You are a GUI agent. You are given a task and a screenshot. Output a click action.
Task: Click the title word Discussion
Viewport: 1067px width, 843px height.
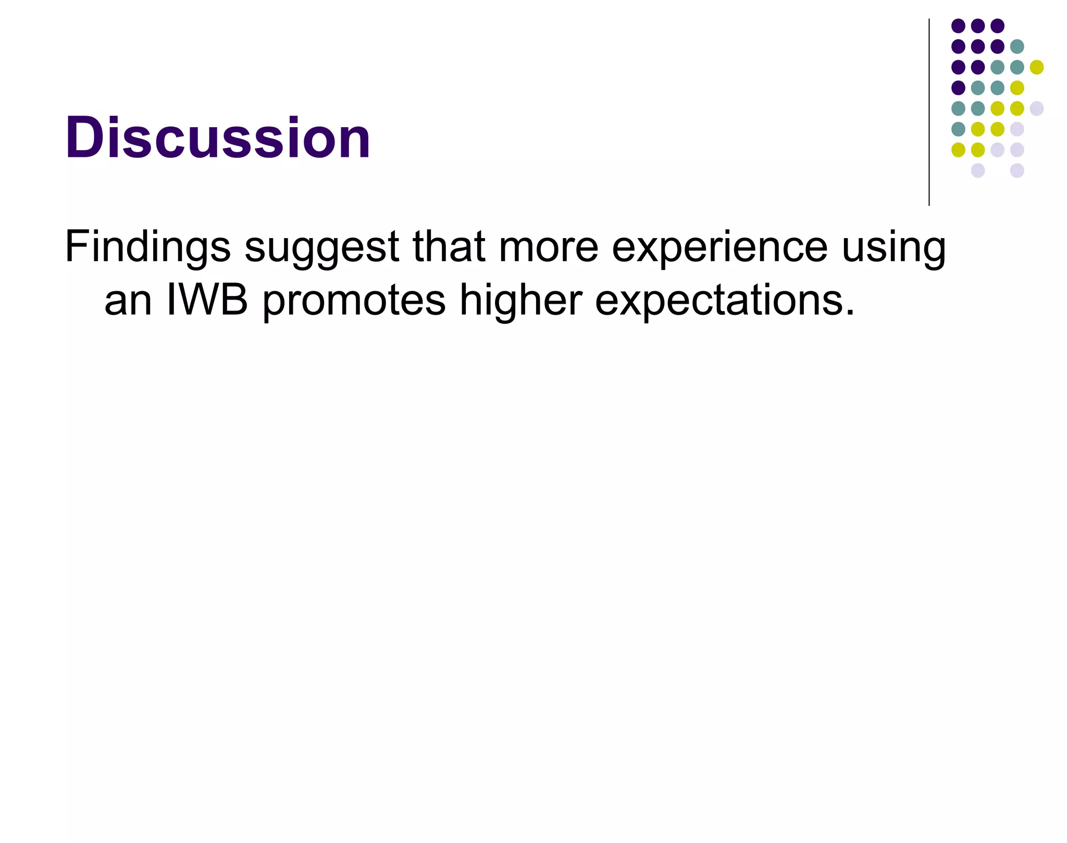coord(217,138)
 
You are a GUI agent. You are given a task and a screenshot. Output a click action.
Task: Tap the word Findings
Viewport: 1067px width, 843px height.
coord(147,247)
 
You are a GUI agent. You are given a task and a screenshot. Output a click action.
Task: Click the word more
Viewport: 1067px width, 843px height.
coord(548,248)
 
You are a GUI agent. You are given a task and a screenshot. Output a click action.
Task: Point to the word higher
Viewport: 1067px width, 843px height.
coord(520,301)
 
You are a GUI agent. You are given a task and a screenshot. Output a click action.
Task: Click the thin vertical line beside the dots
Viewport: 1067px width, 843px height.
coord(929,112)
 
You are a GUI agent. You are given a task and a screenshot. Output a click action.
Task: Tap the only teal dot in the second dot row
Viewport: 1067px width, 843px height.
coord(1017,46)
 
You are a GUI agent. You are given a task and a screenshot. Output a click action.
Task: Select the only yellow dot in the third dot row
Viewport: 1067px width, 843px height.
coord(1037,67)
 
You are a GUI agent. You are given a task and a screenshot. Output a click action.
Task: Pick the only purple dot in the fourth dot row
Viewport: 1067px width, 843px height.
coord(958,88)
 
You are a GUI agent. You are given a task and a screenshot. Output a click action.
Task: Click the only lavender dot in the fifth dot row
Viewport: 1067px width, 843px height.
coord(1037,108)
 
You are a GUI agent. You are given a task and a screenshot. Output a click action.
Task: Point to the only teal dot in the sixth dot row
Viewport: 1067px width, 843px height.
coord(958,129)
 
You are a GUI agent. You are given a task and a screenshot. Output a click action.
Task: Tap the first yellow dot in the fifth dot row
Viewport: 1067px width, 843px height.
coord(997,108)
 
